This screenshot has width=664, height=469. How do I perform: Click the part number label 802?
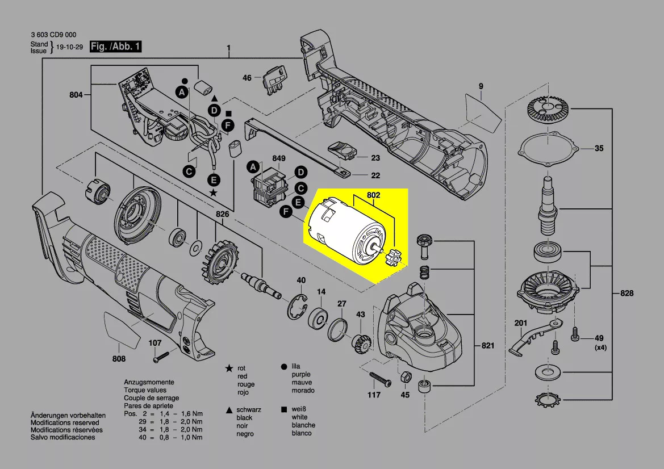373,195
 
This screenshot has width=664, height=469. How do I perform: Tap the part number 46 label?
247,78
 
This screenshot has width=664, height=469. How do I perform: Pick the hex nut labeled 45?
406,377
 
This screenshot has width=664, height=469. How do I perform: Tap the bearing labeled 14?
318,318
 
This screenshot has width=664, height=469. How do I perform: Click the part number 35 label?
599,149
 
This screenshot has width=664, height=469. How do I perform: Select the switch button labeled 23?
343,152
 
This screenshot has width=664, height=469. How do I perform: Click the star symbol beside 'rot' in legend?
229,368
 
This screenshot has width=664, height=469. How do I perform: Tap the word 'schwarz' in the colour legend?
249,409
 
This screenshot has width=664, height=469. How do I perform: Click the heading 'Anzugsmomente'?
149,383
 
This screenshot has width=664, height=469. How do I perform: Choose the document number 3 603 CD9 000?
53,34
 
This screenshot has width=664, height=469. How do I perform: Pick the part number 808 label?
119,358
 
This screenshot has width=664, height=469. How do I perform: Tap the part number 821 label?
488,346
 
